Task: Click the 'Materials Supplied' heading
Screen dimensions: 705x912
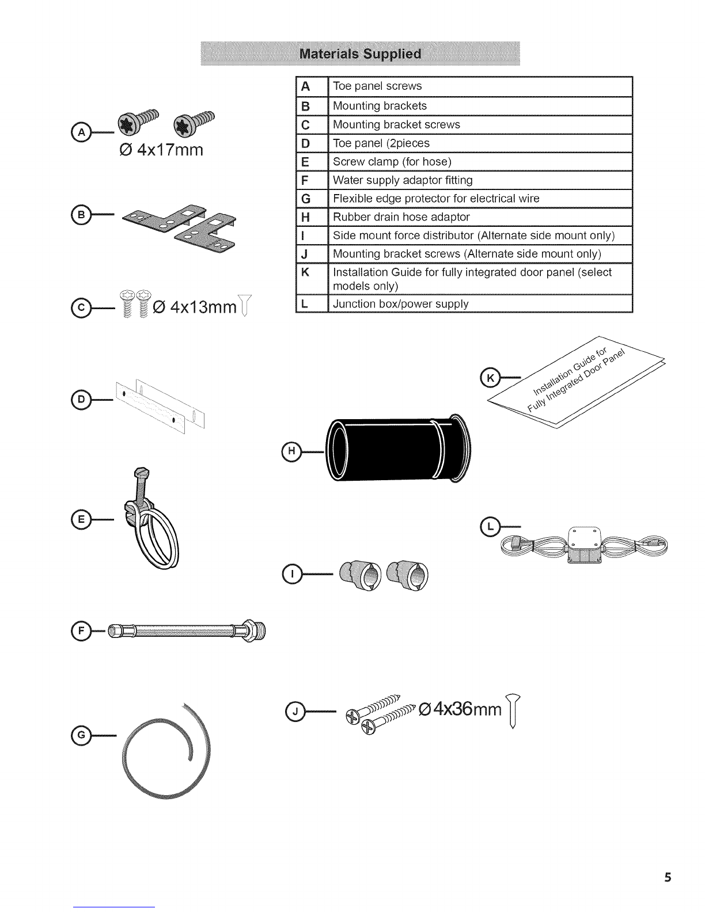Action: [360, 54]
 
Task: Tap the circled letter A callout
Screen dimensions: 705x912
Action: [81, 132]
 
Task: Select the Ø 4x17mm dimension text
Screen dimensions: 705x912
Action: [161, 150]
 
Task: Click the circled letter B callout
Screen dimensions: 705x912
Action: [81, 214]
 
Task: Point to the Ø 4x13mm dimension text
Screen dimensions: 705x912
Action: [195, 307]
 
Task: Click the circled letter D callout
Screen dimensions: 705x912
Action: [81, 400]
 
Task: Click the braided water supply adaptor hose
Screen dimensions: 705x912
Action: [187, 631]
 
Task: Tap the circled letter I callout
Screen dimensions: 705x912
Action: [292, 574]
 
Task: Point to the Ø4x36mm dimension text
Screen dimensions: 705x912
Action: [461, 709]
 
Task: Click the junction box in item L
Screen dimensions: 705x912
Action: [584, 545]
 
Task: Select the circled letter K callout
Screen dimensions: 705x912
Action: [490, 378]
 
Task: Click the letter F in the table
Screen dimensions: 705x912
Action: [305, 180]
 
